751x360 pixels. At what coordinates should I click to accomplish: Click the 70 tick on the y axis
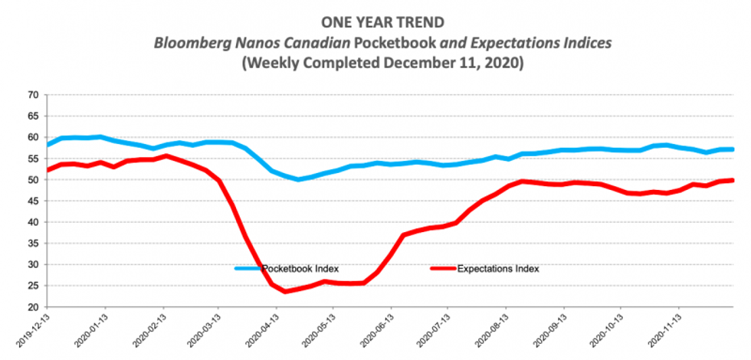coord(33,95)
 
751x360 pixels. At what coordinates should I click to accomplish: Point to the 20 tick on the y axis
coord(33,307)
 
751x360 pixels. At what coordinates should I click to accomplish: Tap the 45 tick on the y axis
coord(33,201)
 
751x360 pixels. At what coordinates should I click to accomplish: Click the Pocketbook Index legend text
coord(300,269)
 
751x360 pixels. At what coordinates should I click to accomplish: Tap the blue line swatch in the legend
coord(248,269)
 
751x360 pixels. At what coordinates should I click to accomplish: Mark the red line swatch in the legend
coord(442,269)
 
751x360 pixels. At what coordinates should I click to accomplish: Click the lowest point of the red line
coord(286,292)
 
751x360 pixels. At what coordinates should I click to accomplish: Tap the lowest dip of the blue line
coord(299,180)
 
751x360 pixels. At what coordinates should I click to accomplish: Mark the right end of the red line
coord(732,181)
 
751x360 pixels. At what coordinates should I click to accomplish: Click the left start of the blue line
coord(48,145)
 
